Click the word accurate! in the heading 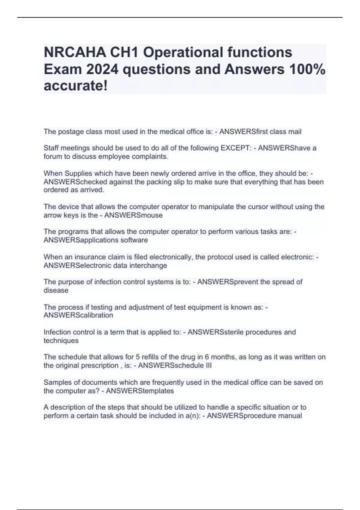pos(76,86)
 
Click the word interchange pos(148,265)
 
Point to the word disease pos(56,290)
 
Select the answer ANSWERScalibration pos(78,315)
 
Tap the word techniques pos(61,341)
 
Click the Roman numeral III pos(208,366)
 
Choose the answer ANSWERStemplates pos(140,391)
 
